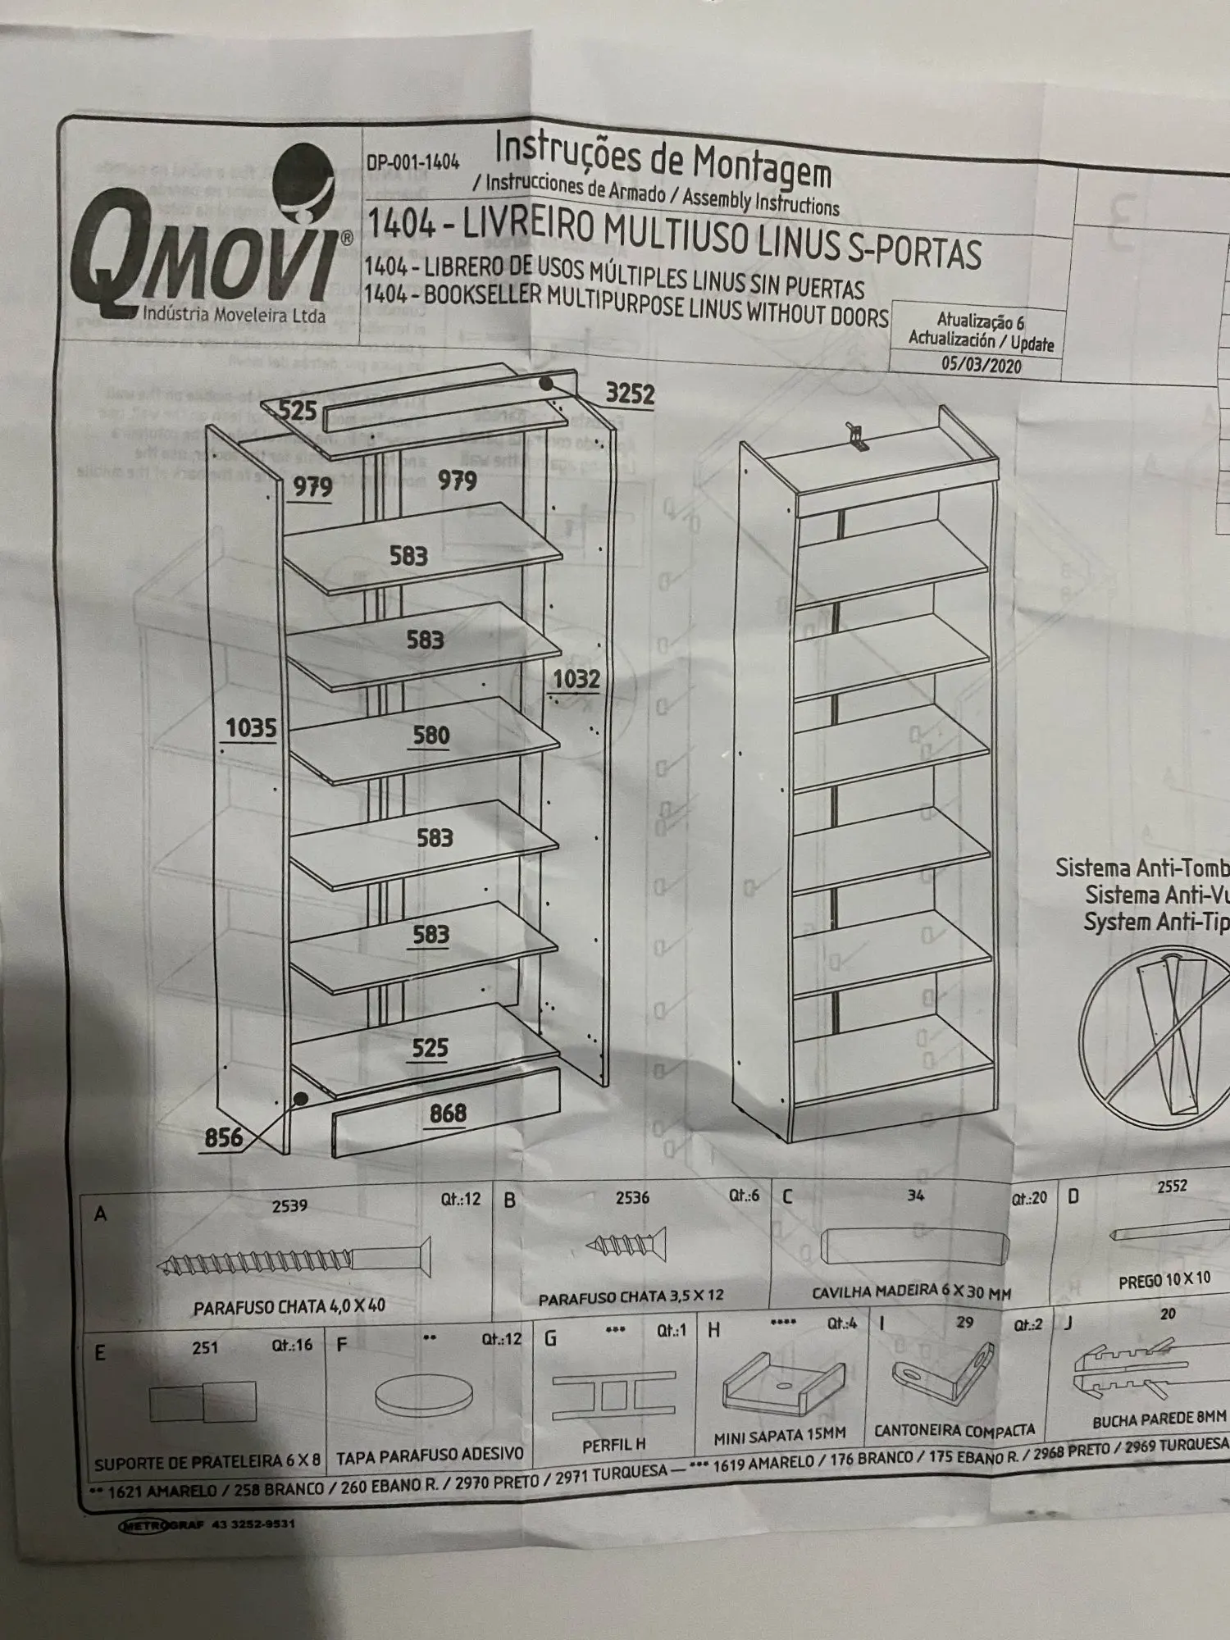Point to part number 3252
(630, 394)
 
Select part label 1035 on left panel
(251, 728)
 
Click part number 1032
(576, 679)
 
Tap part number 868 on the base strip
(448, 1114)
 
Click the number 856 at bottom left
(223, 1137)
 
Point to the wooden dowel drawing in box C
(914, 1246)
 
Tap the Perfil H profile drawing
(613, 1396)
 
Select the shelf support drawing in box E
(203, 1401)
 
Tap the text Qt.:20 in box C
(1029, 1199)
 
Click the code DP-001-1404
(412, 162)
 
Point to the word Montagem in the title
(762, 166)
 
